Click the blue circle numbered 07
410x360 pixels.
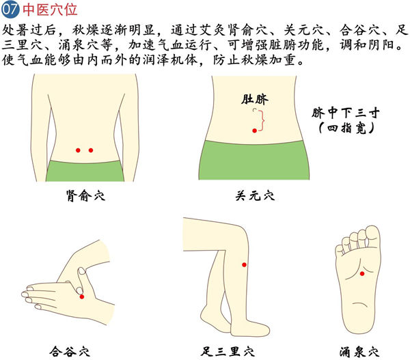[10, 9]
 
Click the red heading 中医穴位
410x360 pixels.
[50, 9]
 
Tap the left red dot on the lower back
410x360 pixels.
[78, 150]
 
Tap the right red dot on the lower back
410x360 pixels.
[91, 150]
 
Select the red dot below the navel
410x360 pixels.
[254, 130]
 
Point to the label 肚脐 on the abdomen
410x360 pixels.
[254, 99]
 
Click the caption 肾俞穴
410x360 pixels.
[85, 195]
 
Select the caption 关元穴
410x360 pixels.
[255, 195]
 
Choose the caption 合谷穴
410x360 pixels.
[70, 351]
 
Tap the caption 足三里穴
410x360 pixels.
[228, 351]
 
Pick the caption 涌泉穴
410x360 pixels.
[359, 351]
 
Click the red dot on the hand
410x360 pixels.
[82, 296]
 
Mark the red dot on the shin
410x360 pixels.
[244, 265]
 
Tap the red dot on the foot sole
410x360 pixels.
[362, 274]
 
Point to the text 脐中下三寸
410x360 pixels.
[345, 113]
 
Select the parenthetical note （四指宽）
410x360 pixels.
[346, 128]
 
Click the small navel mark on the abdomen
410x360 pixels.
[254, 110]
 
